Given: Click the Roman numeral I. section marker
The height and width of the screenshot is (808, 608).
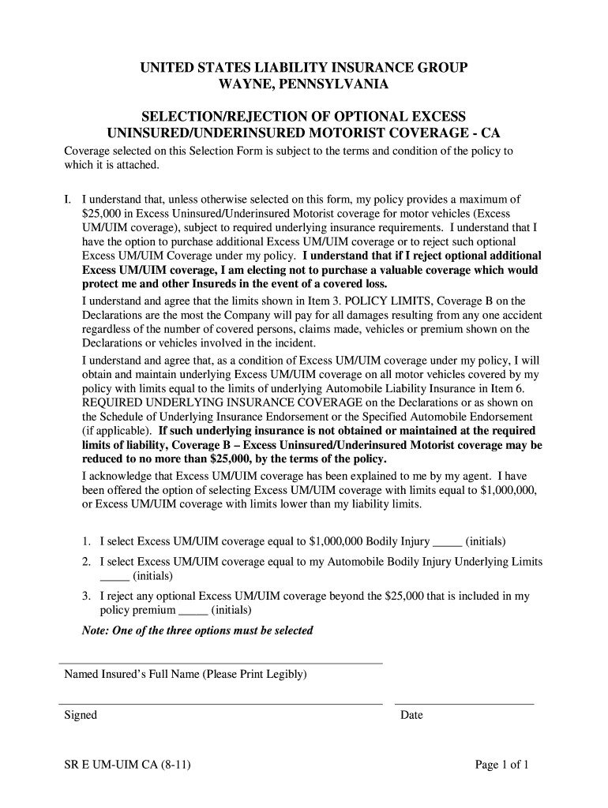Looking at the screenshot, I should click(69, 199).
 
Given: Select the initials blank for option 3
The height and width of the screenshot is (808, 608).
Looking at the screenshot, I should click(193, 613).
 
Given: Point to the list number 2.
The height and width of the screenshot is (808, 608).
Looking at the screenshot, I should click(86, 562).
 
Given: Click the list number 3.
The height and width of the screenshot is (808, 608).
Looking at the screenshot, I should click(86, 597).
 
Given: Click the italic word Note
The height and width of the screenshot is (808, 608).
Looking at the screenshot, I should click(95, 630).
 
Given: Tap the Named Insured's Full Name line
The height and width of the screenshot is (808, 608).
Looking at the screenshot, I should click(221, 663).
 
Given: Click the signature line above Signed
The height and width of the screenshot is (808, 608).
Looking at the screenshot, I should click(221, 702).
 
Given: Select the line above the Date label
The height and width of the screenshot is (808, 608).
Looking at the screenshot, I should click(464, 702).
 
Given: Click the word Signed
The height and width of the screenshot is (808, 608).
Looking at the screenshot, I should click(81, 715).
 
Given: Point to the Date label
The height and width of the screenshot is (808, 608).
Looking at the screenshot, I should click(411, 716).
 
